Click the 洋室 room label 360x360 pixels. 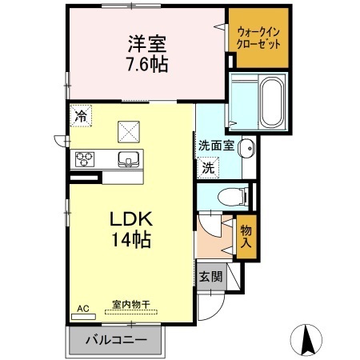click(147, 44)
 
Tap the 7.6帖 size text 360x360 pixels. click(147, 64)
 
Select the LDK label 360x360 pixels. click(131, 219)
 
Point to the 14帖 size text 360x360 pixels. click(131, 239)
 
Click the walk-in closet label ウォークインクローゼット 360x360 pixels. click(258, 38)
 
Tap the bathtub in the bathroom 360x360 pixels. click(272, 103)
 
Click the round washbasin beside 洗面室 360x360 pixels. click(246, 148)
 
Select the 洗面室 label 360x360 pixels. click(216, 146)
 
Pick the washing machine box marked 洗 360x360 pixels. click(208, 167)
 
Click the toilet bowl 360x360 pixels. click(233, 197)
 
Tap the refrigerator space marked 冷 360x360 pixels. click(81, 116)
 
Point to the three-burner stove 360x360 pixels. click(85, 159)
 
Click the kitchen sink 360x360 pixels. click(128, 159)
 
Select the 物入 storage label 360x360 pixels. click(246, 236)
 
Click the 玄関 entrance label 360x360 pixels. click(210, 277)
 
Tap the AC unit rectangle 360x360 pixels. click(83, 317)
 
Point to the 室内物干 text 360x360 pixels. click(131, 305)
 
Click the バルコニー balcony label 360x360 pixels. click(116, 340)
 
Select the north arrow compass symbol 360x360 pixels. click(306, 340)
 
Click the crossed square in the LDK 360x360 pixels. click(129, 132)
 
